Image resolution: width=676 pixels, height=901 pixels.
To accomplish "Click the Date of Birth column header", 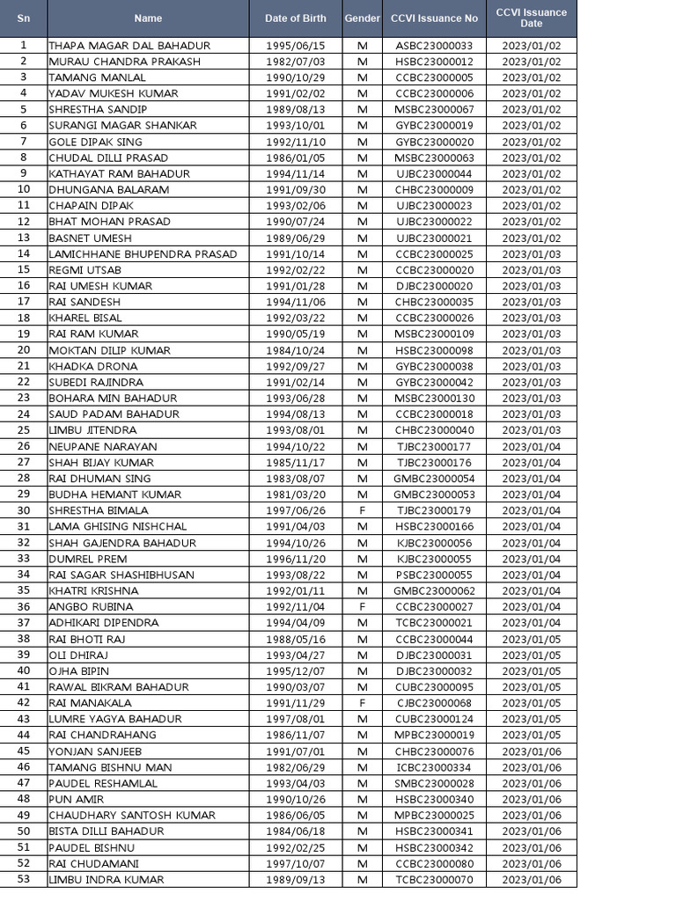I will click(295, 18).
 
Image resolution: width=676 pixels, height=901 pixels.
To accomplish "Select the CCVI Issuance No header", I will click(435, 18).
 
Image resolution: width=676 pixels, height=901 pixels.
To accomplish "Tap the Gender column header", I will click(362, 18).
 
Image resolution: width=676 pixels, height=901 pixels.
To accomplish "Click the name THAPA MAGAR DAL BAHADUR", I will click(129, 46).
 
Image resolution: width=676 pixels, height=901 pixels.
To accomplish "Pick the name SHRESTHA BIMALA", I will click(99, 510).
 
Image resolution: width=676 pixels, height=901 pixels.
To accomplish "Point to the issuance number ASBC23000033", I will click(435, 46).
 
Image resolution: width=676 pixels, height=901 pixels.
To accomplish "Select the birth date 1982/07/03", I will click(295, 62).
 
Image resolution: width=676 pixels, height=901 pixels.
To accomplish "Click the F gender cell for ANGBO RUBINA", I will click(362, 606).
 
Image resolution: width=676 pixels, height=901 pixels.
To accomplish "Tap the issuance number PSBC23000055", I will click(435, 575).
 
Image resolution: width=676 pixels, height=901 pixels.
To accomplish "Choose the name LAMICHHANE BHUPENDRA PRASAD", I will click(143, 254).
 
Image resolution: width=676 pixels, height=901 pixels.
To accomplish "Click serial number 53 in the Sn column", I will click(24, 879).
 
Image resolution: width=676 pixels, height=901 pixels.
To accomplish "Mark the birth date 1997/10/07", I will click(295, 863).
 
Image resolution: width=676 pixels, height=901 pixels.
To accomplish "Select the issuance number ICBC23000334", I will click(435, 767).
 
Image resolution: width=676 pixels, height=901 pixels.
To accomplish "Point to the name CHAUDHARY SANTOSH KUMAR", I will click(132, 815).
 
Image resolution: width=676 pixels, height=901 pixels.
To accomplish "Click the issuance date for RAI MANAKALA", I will click(532, 703).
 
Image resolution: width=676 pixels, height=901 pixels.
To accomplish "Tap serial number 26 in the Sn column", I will click(24, 446).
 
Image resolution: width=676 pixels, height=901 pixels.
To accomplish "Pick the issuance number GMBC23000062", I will click(435, 590).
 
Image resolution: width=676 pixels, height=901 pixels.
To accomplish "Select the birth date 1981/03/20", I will click(295, 494).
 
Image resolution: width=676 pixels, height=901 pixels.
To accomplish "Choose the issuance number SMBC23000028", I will click(435, 783).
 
